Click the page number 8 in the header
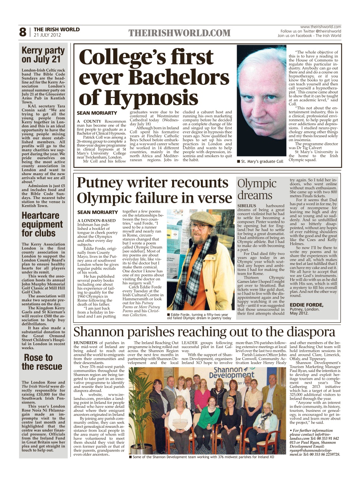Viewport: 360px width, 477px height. [x=23, y=32]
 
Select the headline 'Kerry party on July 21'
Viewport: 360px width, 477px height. [x=43, y=55]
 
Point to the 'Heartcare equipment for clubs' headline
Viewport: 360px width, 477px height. [x=42, y=224]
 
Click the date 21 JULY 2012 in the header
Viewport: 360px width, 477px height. [x=47, y=35]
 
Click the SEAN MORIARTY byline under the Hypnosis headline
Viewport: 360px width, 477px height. [x=97, y=113]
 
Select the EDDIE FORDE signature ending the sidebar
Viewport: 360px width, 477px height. [x=307, y=305]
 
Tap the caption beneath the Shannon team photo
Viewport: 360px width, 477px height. [x=203, y=457]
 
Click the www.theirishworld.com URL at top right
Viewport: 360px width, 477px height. [x=320, y=27]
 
